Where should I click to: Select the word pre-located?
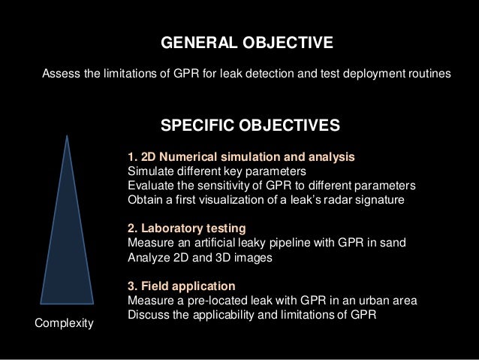pos(220,301)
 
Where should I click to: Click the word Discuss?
pos(149,314)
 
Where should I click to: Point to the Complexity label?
pos(65,323)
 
